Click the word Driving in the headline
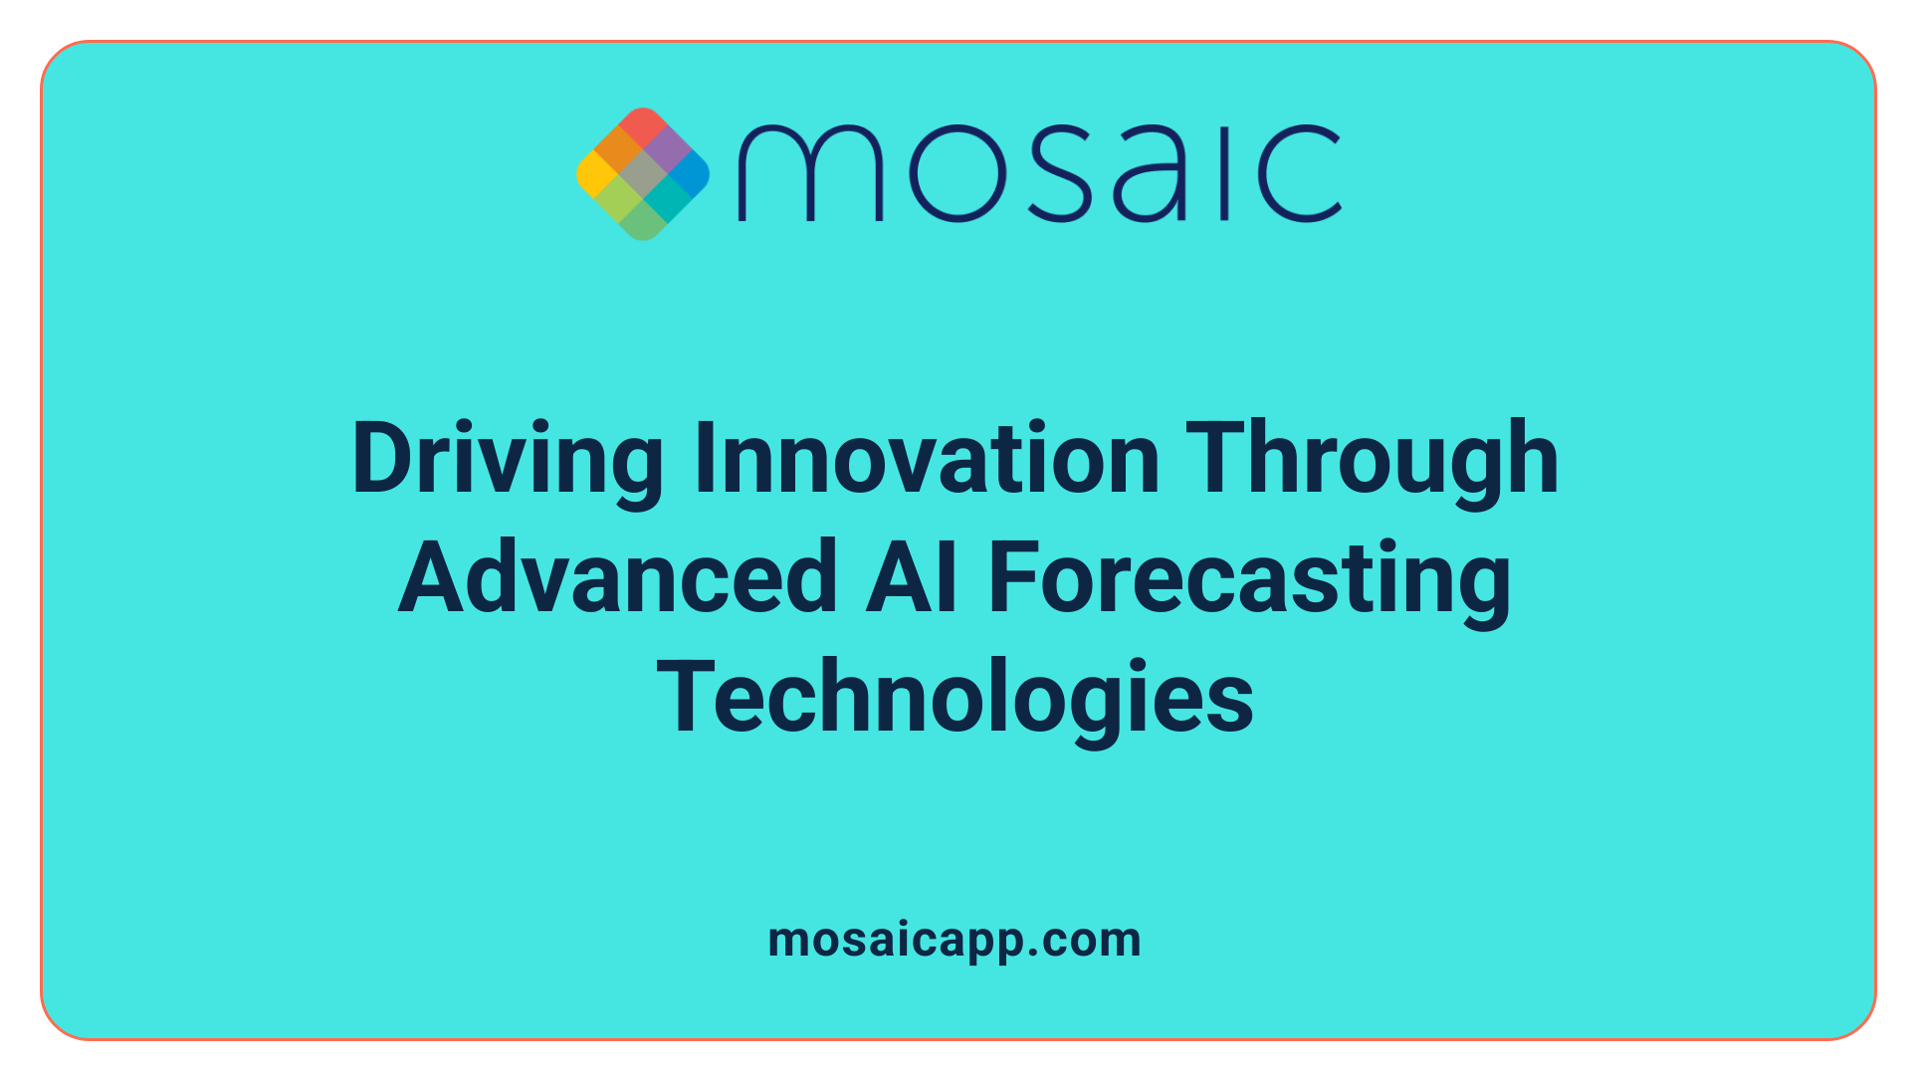[508, 460]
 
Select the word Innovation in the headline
[927, 460]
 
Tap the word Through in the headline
[1373, 460]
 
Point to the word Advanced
[618, 578]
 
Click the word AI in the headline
[911, 578]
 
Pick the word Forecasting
[1249, 578]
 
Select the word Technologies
[955, 698]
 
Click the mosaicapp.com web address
[955, 940]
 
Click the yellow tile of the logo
[596, 173]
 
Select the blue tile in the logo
[690, 173]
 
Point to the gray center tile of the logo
[643, 173]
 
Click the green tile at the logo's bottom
[643, 221]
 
